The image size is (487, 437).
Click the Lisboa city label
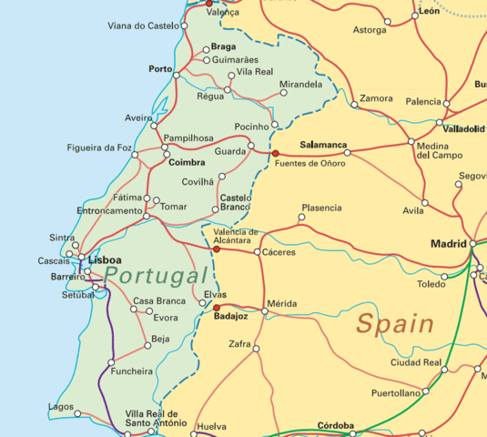[107, 259]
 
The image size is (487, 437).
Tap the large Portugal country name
[156, 276]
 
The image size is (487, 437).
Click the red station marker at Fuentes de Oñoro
[275, 154]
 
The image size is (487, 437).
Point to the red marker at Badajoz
[217, 308]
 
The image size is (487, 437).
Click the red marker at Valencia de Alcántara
[217, 249]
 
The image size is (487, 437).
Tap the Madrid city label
[448, 243]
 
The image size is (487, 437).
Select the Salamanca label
[323, 145]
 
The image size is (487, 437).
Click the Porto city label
[160, 69]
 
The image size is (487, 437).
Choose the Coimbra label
[187, 164]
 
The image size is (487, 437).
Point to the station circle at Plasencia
[302, 218]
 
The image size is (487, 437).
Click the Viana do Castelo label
[143, 26]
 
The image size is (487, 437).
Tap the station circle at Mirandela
[283, 92]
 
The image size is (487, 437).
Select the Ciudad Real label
[416, 362]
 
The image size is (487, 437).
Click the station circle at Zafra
[256, 349]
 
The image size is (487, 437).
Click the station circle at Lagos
[77, 413]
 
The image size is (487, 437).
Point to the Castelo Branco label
[235, 202]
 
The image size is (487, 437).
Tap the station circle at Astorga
[388, 21]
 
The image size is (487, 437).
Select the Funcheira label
[131, 371]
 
